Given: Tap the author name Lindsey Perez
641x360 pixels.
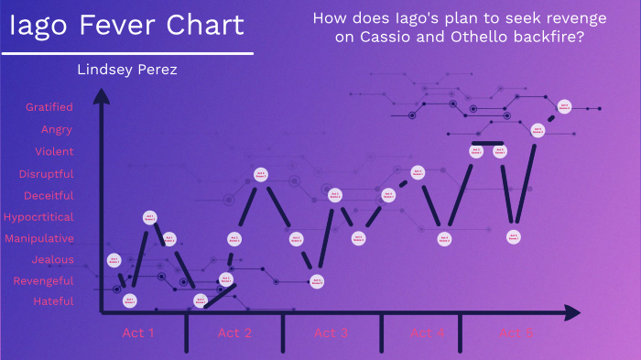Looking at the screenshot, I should [126, 70].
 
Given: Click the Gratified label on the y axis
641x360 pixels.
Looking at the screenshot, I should [49, 107].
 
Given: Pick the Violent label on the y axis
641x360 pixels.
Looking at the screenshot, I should [54, 151].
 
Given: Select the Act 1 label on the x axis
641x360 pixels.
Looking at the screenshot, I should [138, 333].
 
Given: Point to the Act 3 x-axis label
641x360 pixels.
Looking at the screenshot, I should [331, 333].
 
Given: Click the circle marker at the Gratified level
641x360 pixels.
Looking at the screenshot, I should [564, 107].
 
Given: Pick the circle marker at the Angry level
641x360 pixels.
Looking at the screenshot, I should [538, 130].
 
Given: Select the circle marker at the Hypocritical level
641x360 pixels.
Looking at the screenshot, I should [149, 218].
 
